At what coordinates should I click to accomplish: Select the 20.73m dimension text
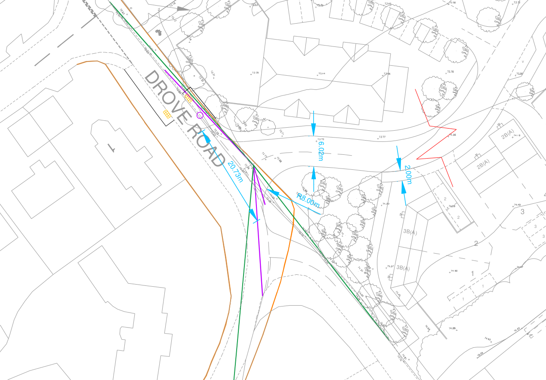[235, 171]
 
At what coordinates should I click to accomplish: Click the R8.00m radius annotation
[308, 199]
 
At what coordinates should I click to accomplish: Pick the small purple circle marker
[200, 115]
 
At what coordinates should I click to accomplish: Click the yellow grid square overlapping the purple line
[188, 98]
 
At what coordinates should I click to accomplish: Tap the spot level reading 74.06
[452, 135]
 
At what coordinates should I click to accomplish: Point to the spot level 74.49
[517, 205]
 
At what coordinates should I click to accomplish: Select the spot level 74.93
[488, 339]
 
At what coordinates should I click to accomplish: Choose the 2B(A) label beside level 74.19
[508, 135]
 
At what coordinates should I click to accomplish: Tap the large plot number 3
[523, 211]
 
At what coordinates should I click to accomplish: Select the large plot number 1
[472, 273]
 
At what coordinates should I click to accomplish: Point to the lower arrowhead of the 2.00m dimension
[404, 187]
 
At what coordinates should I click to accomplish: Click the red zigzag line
[435, 142]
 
